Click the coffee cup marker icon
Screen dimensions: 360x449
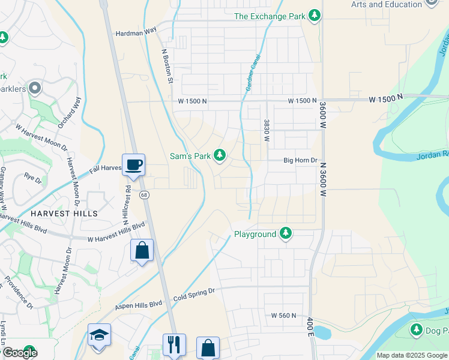point(133,164)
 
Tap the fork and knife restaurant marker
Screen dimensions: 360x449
point(174,344)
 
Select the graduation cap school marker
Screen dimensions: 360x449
point(99,334)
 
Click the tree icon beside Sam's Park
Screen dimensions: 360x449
point(220,156)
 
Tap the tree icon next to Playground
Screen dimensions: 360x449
point(286,234)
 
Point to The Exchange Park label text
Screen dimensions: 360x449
point(269,16)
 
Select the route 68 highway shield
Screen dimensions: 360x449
point(144,194)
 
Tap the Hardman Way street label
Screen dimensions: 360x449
point(136,34)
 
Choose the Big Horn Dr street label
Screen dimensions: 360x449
point(300,161)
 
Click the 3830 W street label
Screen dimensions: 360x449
point(266,130)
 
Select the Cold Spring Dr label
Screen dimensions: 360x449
point(193,291)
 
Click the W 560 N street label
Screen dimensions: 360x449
point(284,315)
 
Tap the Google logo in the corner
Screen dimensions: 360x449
point(19,352)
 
